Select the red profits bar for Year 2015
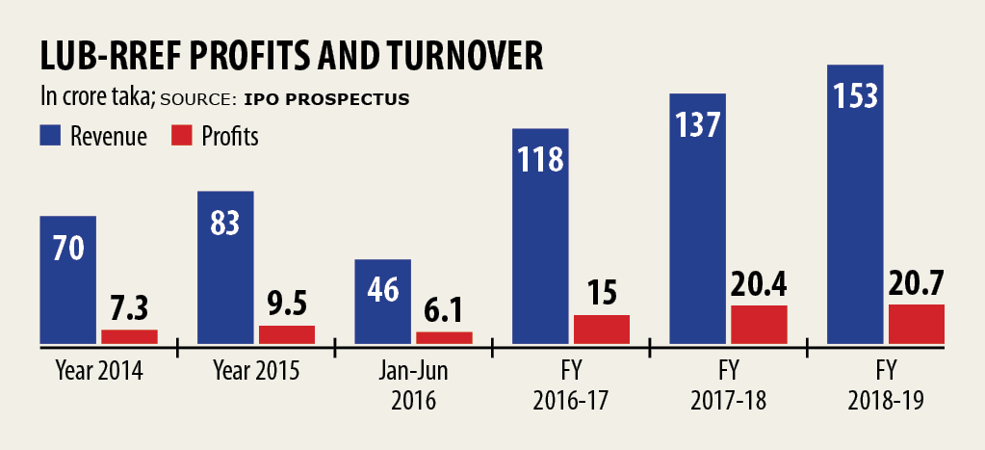[x=286, y=334]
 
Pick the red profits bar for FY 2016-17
[x=601, y=329]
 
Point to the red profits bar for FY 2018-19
[x=916, y=324]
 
